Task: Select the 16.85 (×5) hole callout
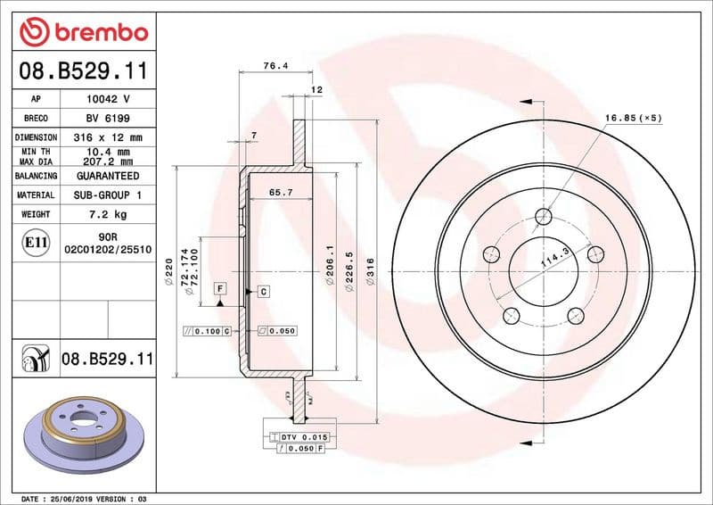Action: [x=634, y=118]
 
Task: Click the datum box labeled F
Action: [x=220, y=288]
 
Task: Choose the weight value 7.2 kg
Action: [x=108, y=214]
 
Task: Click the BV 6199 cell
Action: [x=108, y=118]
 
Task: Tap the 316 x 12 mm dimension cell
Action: [x=108, y=137]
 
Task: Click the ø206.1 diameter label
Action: [x=329, y=265]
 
